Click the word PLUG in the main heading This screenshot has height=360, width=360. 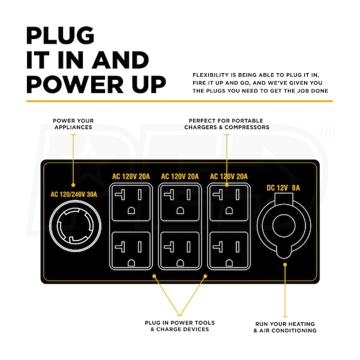tap(60, 35)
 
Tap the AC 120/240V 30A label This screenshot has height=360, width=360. tap(74, 194)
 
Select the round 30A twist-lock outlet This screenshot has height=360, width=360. tap(75, 226)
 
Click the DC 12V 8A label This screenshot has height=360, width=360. tap(283, 188)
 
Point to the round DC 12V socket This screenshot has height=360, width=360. tap(284, 226)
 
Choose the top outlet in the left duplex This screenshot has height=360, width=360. tap(131, 202)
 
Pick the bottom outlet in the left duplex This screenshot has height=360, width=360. tap(131, 250)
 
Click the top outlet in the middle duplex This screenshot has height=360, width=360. tap(180, 202)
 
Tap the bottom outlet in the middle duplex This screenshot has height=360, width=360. tap(180, 250)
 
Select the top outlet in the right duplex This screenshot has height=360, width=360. tap(229, 202)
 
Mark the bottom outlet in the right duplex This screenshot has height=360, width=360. tap(229, 250)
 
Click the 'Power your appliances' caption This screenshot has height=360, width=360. tap(73, 124)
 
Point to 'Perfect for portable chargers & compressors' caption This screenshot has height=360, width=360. tap(227, 124)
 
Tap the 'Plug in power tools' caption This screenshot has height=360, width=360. tap(180, 326)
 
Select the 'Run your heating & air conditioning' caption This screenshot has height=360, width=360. tap(285, 327)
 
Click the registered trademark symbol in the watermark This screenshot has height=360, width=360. tap(328, 134)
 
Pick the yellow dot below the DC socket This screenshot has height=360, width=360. tap(285, 265)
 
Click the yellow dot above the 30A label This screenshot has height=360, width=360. tap(73, 185)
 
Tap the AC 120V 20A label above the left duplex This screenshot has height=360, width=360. tap(131, 176)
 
